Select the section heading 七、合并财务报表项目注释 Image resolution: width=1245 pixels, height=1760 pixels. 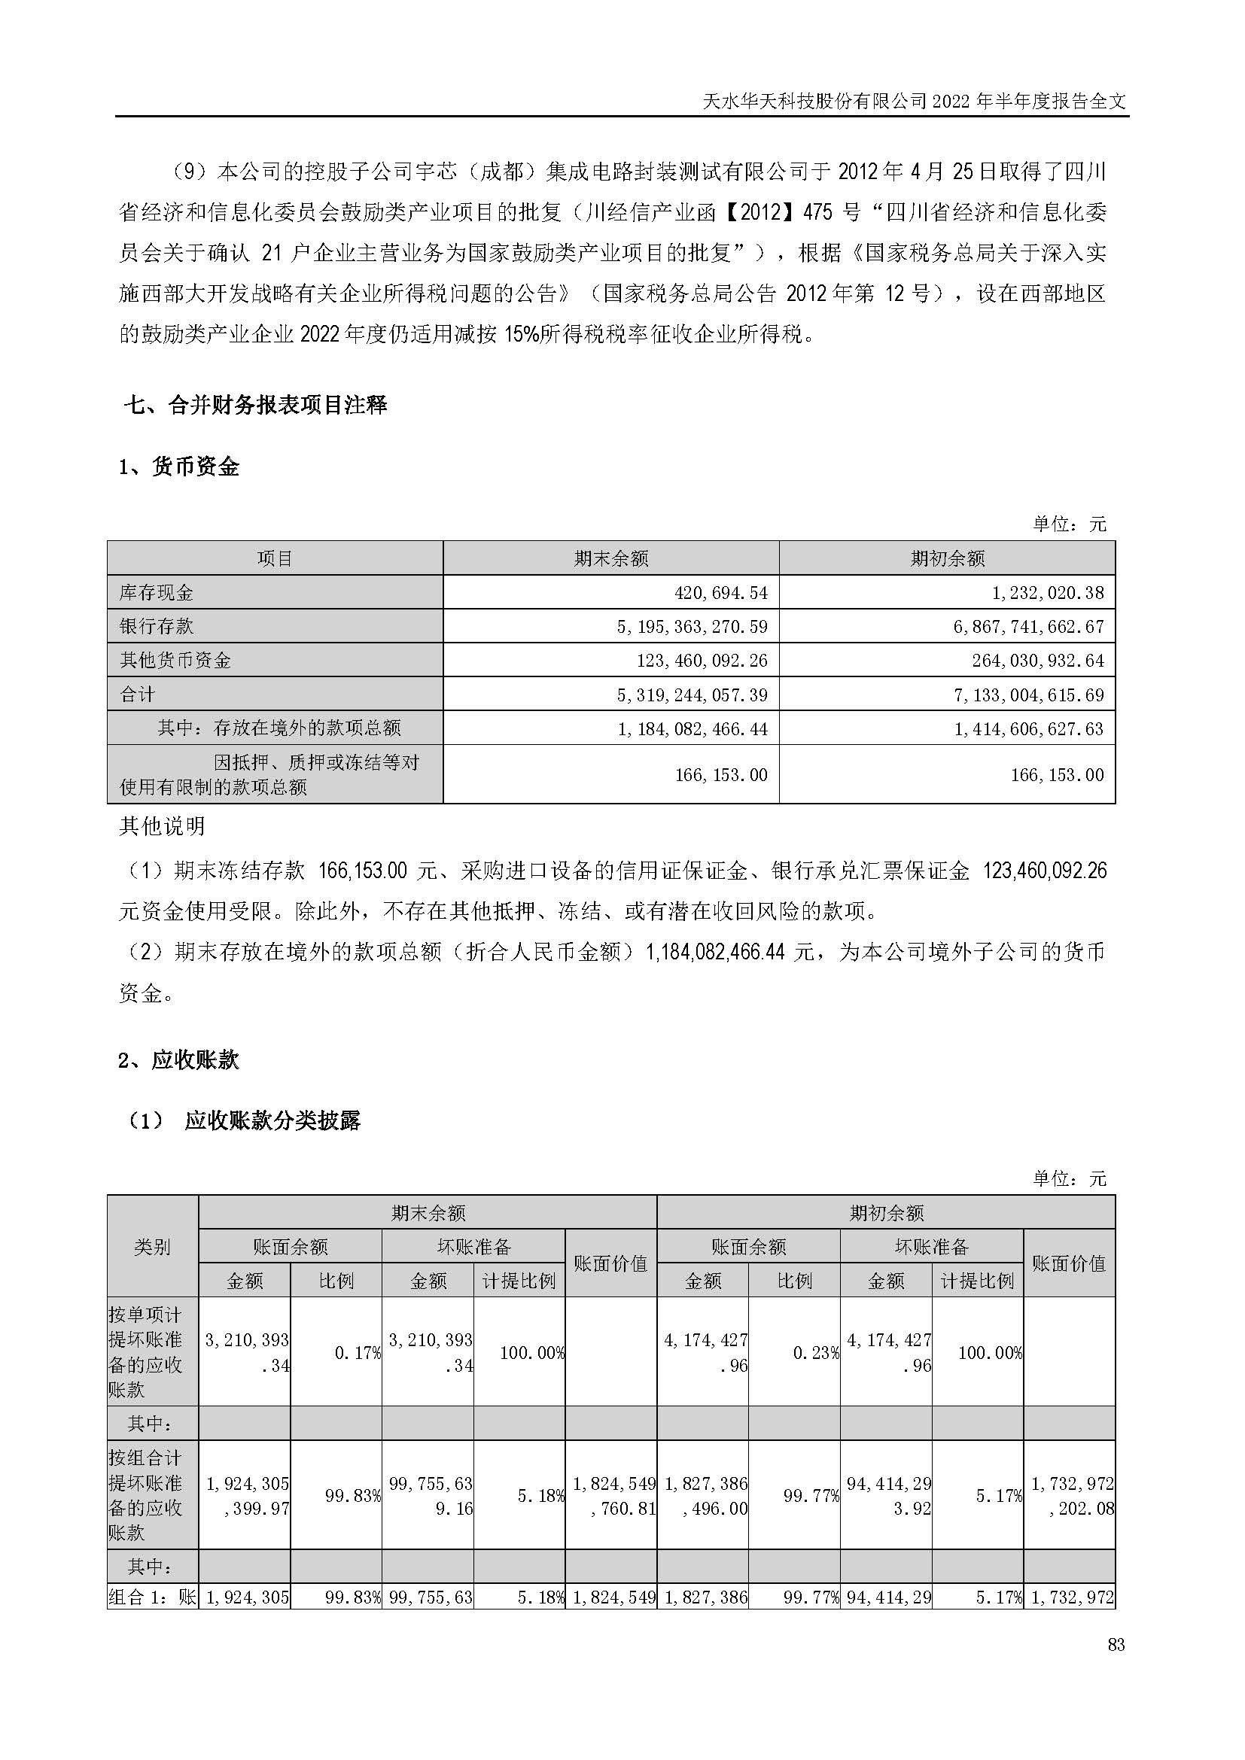[255, 405]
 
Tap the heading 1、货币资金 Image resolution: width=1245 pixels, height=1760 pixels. [179, 467]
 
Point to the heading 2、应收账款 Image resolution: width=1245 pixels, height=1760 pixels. [179, 1060]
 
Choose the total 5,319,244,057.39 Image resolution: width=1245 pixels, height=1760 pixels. [693, 695]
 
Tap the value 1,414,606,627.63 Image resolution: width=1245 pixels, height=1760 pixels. [1029, 728]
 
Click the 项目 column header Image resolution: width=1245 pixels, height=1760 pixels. [275, 558]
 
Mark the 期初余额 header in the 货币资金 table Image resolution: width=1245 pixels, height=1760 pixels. [947, 558]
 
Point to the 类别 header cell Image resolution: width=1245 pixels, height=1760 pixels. [152, 1246]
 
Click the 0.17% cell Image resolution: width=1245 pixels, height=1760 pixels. [358, 1352]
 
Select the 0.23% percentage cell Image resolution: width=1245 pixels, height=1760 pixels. [816, 1352]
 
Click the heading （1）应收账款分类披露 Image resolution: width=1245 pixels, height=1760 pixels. [244, 1120]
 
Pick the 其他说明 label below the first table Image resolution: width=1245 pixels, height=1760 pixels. [163, 825]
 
